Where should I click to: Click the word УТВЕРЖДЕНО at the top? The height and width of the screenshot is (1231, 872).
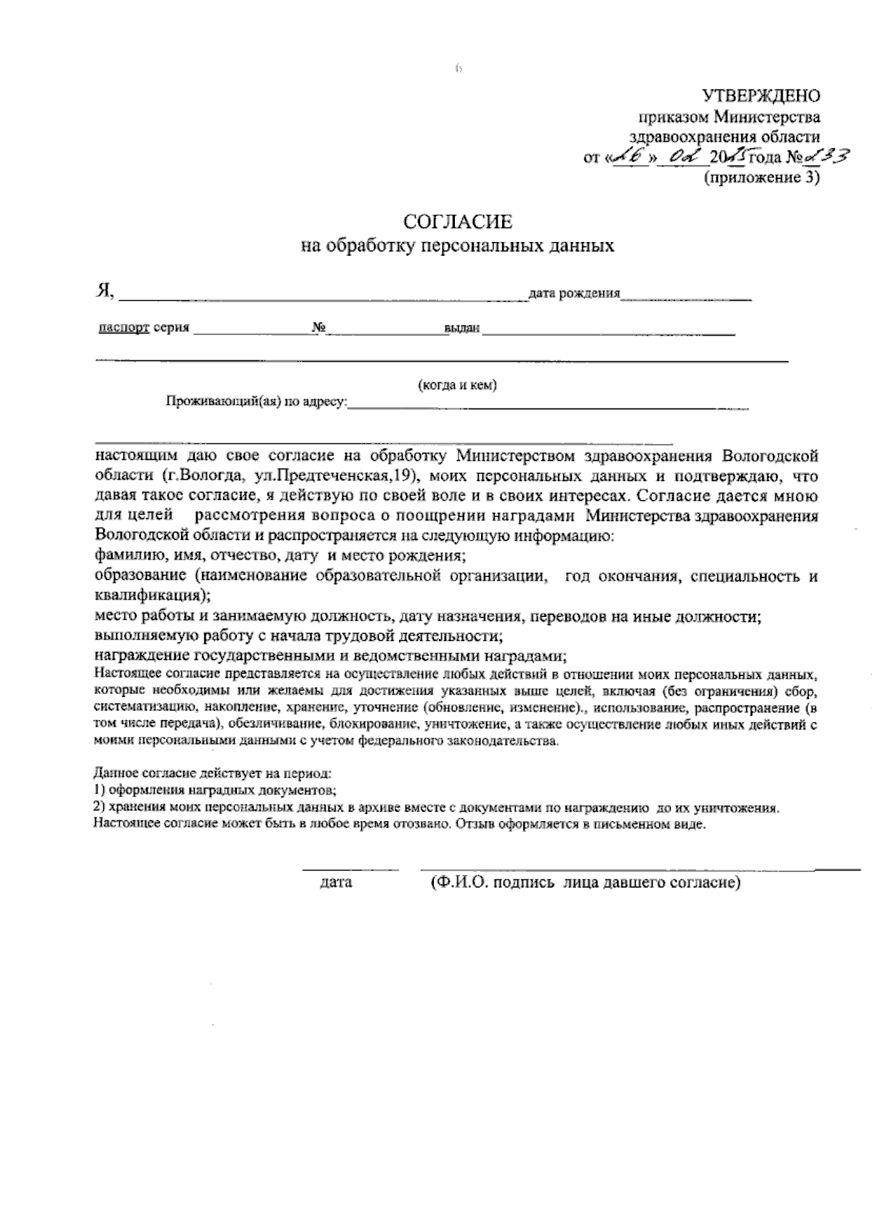tap(761, 96)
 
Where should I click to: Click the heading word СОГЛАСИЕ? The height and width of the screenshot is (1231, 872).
tap(458, 222)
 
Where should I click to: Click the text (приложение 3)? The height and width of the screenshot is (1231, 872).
tap(761, 177)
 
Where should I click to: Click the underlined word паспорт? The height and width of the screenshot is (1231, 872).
tap(124, 328)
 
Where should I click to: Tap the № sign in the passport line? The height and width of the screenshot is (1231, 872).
tap(318, 328)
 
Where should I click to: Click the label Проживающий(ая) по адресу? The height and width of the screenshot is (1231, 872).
tap(258, 402)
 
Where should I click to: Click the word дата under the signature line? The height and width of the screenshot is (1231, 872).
tap(336, 883)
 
